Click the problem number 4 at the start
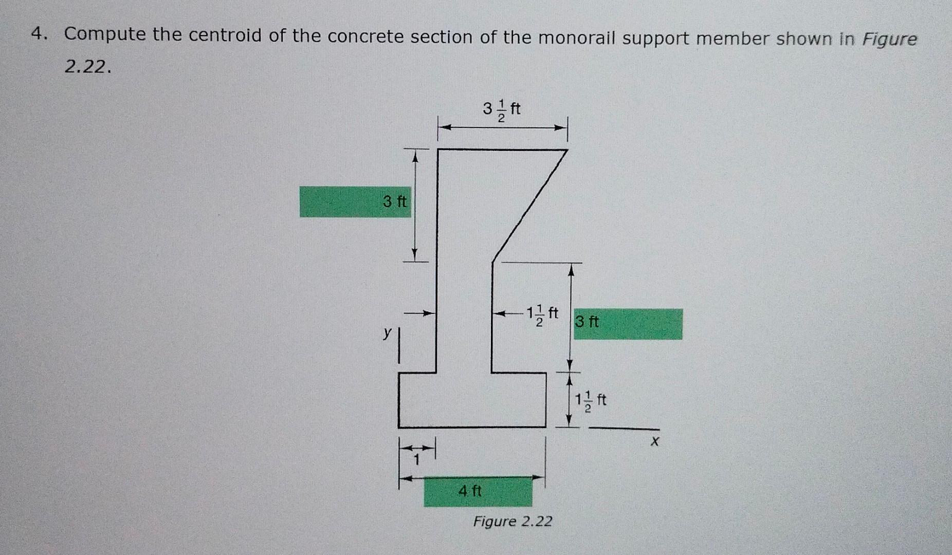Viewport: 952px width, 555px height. point(36,34)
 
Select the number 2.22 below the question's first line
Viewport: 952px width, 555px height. point(87,66)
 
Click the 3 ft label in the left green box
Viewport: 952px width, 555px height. point(395,201)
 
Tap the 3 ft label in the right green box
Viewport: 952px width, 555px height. point(587,322)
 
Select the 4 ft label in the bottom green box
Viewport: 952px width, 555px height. point(470,491)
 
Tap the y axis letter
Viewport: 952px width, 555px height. point(387,332)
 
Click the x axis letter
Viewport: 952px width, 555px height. point(654,441)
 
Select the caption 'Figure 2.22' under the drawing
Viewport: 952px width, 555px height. point(512,522)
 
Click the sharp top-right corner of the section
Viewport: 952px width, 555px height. point(566,151)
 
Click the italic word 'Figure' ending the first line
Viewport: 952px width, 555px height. point(889,40)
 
